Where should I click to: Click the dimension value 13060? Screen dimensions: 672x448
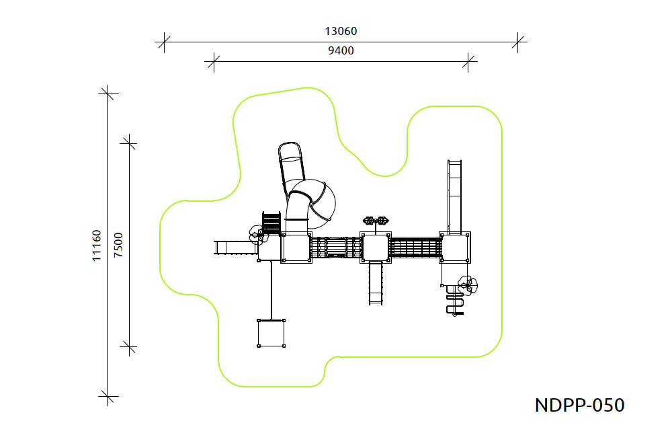[341, 32]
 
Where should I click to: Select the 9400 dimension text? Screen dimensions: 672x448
[341, 50]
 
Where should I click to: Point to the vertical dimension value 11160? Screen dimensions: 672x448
[96, 246]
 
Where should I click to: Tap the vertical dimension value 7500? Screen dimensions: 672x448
[118, 245]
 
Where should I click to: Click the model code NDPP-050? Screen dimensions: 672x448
[579, 405]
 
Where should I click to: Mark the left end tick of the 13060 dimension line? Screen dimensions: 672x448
[164, 42]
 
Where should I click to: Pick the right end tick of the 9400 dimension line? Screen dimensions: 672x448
[468, 61]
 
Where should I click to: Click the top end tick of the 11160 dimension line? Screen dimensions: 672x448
[107, 93]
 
